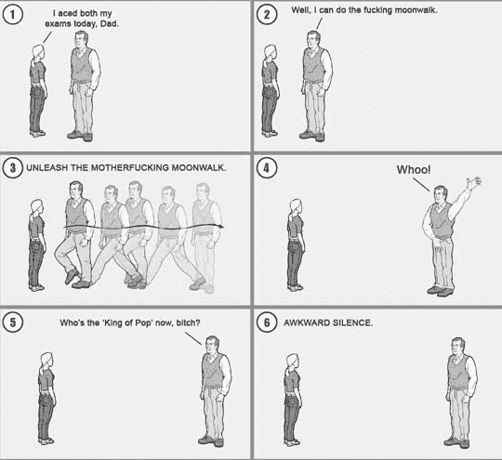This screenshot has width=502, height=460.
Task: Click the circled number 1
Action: [12, 15]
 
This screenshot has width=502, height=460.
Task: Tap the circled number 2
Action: [267, 15]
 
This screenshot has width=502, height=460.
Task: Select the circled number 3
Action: [12, 168]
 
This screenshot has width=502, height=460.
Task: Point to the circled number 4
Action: [267, 168]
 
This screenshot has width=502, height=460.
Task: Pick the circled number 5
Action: [12, 322]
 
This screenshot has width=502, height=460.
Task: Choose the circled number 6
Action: [267, 322]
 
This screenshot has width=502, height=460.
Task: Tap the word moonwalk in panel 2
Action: [416, 10]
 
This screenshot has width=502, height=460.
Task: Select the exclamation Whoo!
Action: [414, 169]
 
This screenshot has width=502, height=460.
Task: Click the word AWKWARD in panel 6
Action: [307, 322]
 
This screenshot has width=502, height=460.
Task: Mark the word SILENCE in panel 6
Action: [353, 322]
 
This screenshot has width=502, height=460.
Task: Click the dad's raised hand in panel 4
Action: [473, 182]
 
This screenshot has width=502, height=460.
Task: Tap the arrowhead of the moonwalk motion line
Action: [220, 227]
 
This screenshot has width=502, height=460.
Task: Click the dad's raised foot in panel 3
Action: [72, 276]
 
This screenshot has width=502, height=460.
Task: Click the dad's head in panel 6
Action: [459, 346]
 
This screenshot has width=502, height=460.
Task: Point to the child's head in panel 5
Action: [47, 361]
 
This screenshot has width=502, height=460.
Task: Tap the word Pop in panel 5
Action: [142, 322]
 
